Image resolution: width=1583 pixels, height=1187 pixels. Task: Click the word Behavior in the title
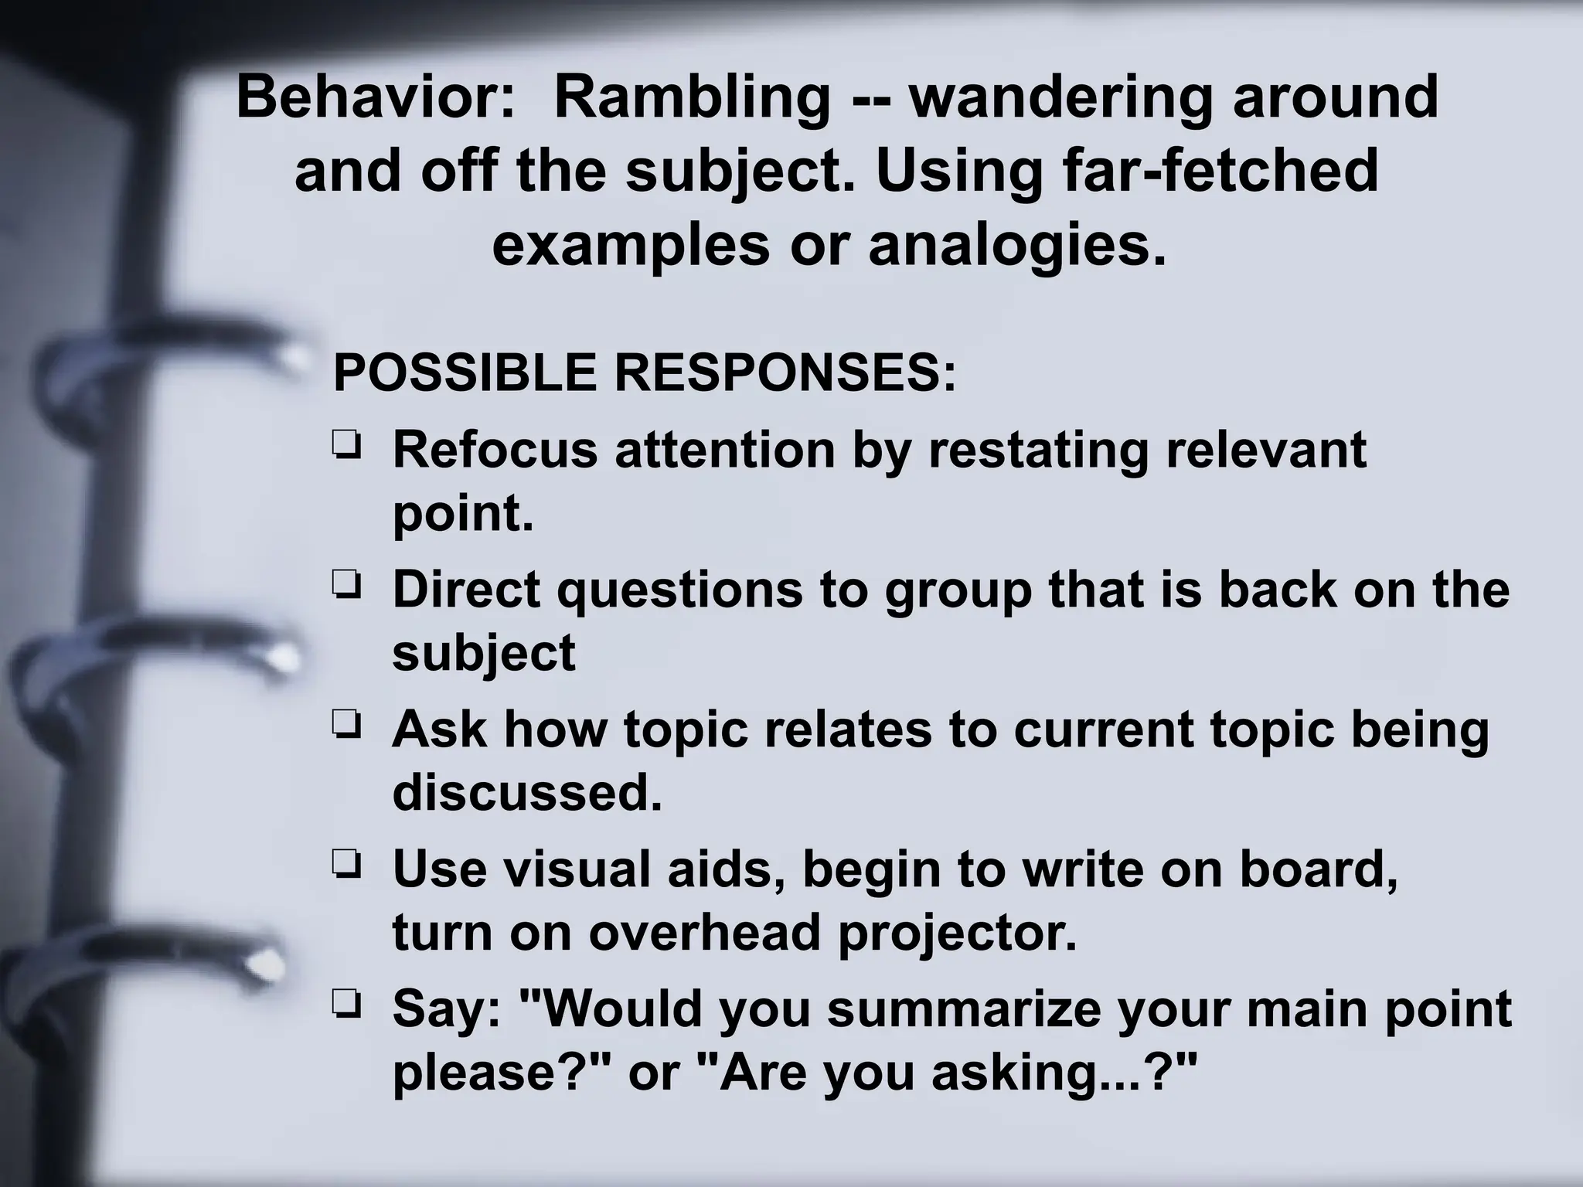[376, 97]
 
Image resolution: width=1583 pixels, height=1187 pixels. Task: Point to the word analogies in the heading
[1017, 246]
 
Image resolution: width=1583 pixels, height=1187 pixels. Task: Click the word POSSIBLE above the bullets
[464, 372]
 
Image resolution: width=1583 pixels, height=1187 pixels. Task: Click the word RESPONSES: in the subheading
[785, 372]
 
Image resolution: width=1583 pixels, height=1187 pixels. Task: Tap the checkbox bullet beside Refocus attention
[346, 446]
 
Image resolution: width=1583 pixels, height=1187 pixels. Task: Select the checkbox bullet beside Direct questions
[346, 587]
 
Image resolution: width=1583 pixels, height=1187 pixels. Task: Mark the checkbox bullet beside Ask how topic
[346, 726]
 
